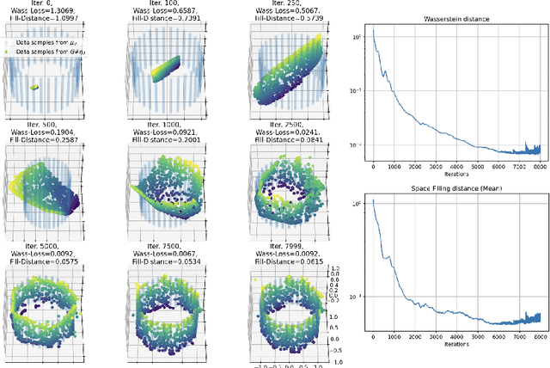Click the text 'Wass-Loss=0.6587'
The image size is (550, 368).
pyautogui.click(x=159, y=11)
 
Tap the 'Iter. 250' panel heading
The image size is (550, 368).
pyautogui.click(x=272, y=3)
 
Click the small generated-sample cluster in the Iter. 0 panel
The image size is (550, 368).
pyautogui.click(x=34, y=87)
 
